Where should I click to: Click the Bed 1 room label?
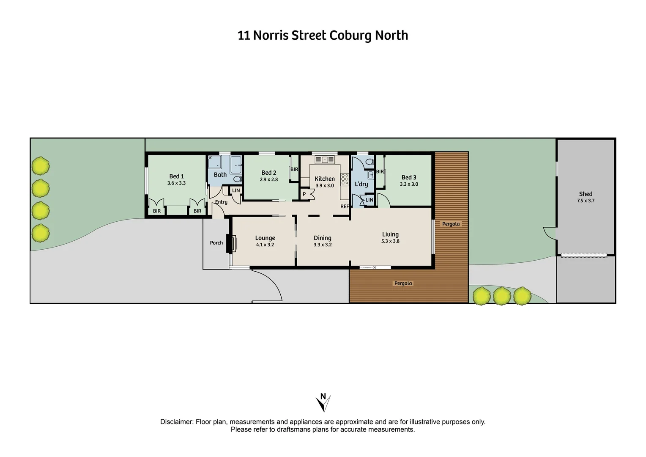176,176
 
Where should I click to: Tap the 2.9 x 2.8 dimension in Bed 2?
269,179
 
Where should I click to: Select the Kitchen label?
325,179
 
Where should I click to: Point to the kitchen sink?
325,160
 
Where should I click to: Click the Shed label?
586,194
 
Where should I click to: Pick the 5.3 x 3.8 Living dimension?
390,241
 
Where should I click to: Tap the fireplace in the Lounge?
232,243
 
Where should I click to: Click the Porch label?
216,243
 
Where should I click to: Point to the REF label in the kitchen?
345,206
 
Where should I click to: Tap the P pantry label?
304,194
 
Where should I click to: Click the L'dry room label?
361,184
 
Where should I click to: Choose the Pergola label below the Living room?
403,284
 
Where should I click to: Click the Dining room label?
323,238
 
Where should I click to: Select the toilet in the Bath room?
237,179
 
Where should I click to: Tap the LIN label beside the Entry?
236,190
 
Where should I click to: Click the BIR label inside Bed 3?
380,172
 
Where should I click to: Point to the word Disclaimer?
176,422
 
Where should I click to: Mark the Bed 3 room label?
409,177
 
